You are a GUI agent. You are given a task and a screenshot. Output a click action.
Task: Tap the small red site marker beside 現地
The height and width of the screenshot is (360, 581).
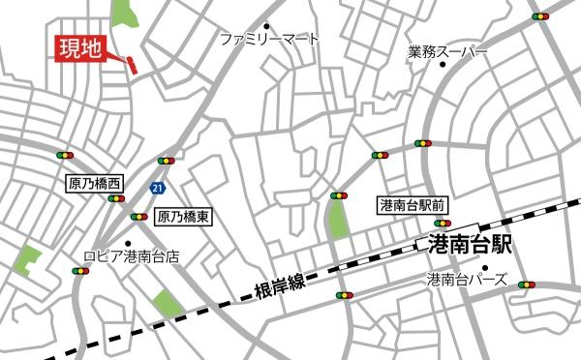[x=131, y=65]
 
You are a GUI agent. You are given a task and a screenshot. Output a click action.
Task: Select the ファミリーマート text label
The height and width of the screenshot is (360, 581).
[x=268, y=41]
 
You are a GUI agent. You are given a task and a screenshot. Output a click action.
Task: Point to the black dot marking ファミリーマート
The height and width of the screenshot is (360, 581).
[x=267, y=26]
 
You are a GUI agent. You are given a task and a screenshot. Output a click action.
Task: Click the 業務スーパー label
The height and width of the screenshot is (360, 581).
[x=448, y=49]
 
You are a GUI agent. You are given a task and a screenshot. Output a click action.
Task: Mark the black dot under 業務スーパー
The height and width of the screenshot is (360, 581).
[x=443, y=65]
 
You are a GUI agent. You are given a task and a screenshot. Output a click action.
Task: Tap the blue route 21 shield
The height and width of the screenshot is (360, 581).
[x=157, y=184]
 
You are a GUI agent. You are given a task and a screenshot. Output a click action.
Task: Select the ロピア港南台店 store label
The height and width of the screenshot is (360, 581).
[x=131, y=258]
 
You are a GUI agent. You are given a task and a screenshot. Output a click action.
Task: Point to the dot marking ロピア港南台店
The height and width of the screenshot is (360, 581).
[x=128, y=244]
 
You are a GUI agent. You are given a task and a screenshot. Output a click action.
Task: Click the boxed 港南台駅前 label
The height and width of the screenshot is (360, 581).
[x=413, y=205]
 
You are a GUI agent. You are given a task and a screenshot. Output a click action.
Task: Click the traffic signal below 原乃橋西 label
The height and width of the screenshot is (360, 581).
[x=118, y=198]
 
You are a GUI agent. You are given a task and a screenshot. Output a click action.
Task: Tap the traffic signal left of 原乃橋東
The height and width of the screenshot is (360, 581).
[x=140, y=217]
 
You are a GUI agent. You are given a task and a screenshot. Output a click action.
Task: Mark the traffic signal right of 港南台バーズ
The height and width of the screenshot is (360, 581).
[x=527, y=285]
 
